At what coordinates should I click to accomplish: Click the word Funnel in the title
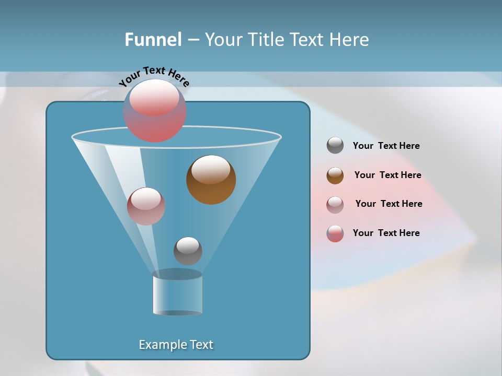[153, 40]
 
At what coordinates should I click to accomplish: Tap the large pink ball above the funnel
[155, 111]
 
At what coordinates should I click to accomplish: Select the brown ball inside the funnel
[211, 180]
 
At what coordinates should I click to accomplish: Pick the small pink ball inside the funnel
[146, 206]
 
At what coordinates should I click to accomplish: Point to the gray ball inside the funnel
[188, 251]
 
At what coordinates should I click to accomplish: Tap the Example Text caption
[176, 345]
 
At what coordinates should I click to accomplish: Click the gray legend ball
[335, 146]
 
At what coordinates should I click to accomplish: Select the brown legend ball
[335, 175]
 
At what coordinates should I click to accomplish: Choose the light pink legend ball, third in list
[335, 205]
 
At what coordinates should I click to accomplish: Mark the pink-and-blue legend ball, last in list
[335, 233]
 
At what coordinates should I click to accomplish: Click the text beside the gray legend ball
[386, 146]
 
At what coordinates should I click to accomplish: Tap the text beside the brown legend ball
[387, 175]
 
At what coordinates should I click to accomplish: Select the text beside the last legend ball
[386, 233]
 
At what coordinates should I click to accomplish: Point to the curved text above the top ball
[154, 76]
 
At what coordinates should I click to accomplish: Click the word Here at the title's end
[349, 40]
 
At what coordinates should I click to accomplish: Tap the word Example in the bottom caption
[162, 345]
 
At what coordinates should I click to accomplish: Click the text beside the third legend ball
[389, 204]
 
